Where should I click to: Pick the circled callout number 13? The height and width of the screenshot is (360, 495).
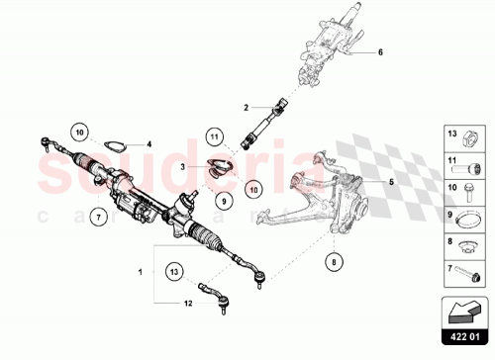(173, 270)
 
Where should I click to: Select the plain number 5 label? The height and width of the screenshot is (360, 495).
(363, 183)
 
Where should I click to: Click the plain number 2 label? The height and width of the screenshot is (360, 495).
(247, 109)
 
